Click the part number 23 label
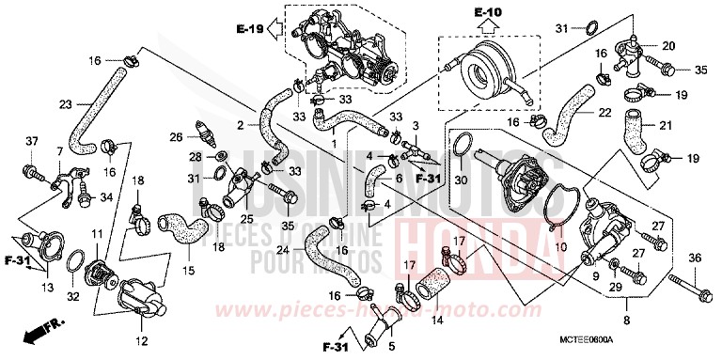65,104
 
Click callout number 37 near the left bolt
31,141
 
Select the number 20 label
669,46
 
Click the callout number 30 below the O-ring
462,180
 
